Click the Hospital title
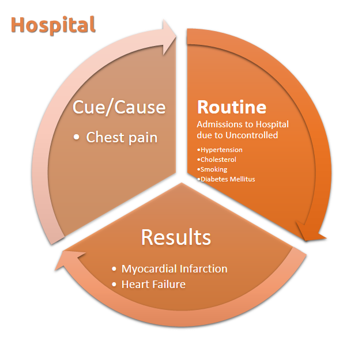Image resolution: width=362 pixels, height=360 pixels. (x=53, y=25)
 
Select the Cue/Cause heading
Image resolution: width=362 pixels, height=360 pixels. (x=119, y=107)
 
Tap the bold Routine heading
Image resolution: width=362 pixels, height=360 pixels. (x=232, y=107)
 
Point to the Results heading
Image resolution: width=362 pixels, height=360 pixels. (x=176, y=237)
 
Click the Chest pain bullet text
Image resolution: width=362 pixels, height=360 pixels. (x=122, y=138)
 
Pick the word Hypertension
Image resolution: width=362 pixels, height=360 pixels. (x=221, y=150)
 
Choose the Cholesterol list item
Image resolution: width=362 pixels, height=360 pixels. (x=218, y=160)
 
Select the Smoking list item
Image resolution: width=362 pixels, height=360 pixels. (x=214, y=169)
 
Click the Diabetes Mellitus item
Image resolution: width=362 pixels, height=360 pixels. (x=228, y=179)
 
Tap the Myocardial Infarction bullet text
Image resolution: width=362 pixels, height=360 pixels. (x=174, y=269)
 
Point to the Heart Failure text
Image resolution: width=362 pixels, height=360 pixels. (x=153, y=285)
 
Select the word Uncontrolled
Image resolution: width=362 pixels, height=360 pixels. (x=252, y=135)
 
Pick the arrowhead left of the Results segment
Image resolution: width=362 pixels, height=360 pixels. (x=68, y=259)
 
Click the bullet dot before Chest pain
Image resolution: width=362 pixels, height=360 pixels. (x=76, y=137)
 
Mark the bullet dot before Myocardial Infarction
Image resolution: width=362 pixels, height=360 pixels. (x=114, y=269)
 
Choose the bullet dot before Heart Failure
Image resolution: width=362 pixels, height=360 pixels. (x=114, y=285)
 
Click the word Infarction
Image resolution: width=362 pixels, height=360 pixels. (x=203, y=269)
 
